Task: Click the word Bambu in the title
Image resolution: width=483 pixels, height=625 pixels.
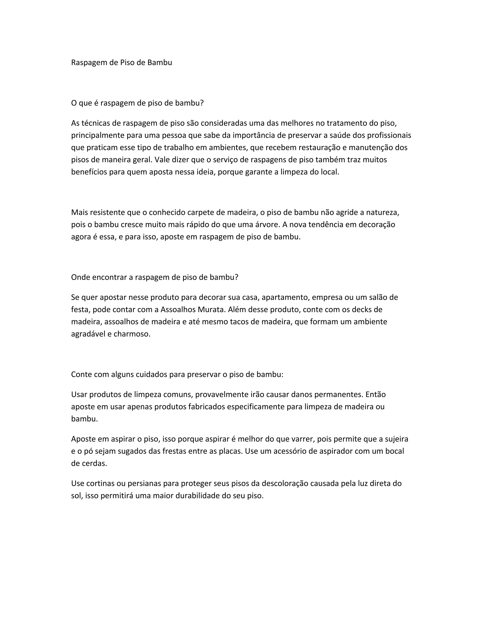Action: click(160, 62)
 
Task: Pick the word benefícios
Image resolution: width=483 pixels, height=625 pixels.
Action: click(89, 172)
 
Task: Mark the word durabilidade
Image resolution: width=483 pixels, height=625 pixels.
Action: click(197, 496)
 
